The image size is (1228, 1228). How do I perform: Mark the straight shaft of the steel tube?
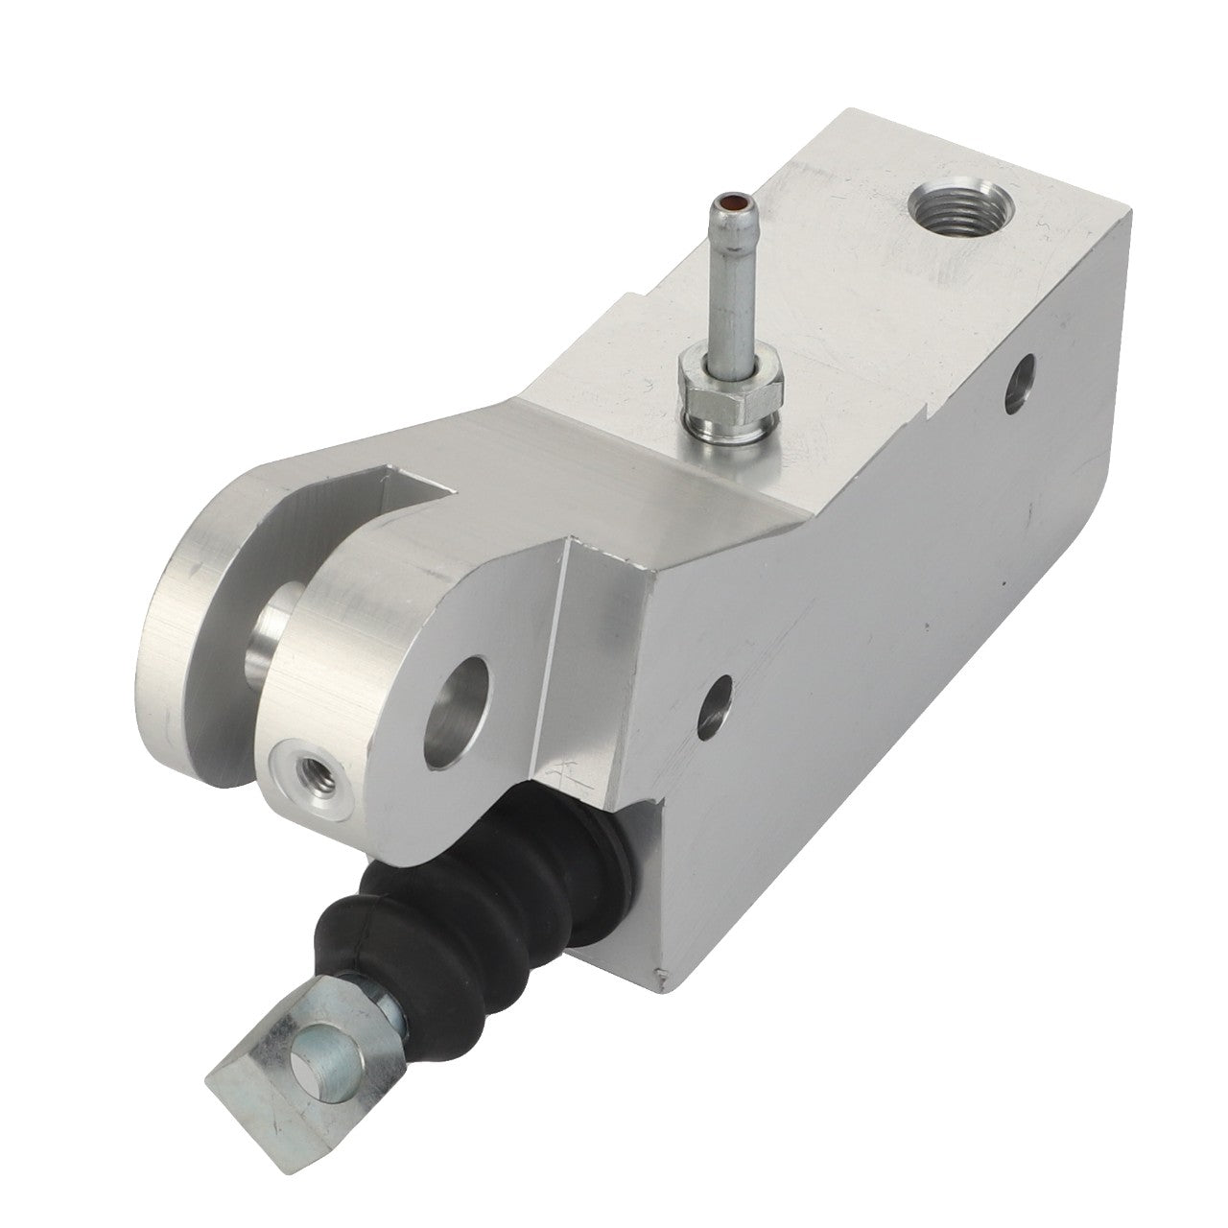[720, 288]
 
